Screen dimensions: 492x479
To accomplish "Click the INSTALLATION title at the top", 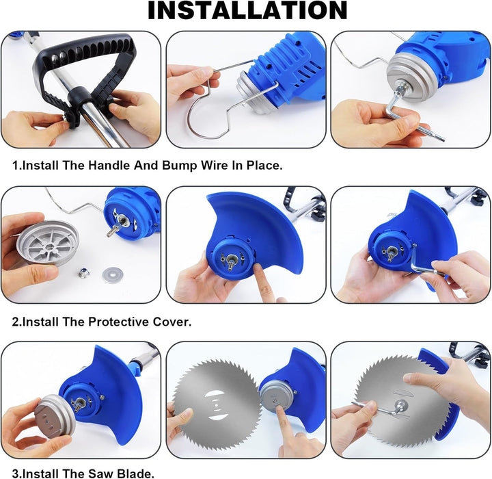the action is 247,10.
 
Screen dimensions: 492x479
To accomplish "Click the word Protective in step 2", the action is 118,322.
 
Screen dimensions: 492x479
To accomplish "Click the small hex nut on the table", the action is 84,274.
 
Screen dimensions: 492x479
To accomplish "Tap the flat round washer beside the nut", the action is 112,274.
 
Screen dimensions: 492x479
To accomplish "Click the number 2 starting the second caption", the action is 15,322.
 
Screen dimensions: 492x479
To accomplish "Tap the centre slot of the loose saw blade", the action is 216,406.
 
